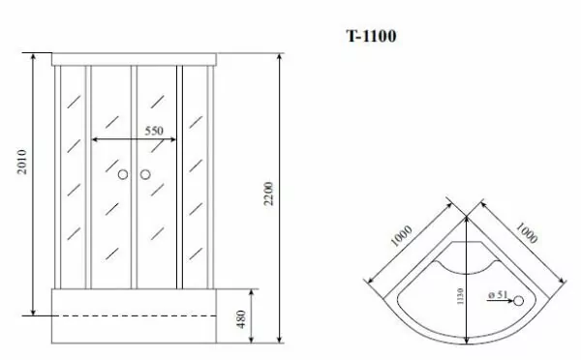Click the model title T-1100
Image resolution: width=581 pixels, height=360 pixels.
(371, 37)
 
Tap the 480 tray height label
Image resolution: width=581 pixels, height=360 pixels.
(240, 316)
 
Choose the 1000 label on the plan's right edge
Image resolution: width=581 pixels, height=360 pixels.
(529, 238)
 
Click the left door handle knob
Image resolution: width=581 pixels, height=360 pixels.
(123, 175)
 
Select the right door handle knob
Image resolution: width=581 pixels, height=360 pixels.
(145, 175)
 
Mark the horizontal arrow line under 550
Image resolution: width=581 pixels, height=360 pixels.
(135, 141)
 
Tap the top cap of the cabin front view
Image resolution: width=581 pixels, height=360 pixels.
(135, 58)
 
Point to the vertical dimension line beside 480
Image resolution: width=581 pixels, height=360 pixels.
(253, 316)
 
